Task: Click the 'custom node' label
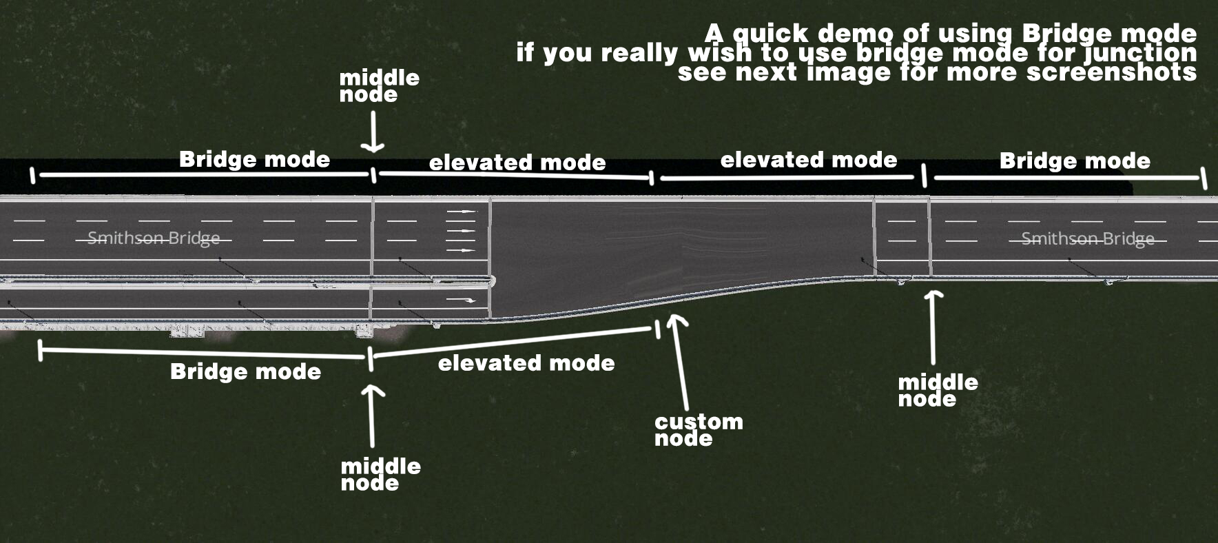pyautogui.click(x=698, y=429)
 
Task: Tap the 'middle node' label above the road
pyautogui.click(x=378, y=85)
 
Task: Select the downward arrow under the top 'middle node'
pyautogui.click(x=373, y=132)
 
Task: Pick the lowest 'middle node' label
pyautogui.click(x=380, y=474)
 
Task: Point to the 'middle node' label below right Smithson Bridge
pyautogui.click(x=937, y=390)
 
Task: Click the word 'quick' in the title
pyautogui.click(x=770, y=33)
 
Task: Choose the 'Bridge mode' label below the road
pyautogui.click(x=245, y=371)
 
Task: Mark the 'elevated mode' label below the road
pyautogui.click(x=526, y=363)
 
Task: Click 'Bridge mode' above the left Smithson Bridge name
pyautogui.click(x=254, y=159)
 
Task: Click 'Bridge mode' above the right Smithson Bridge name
pyautogui.click(x=1075, y=161)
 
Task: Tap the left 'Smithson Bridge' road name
pyautogui.click(x=154, y=238)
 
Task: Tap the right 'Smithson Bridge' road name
pyautogui.click(x=1087, y=239)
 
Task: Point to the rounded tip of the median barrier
pyautogui.click(x=491, y=280)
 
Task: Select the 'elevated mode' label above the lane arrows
pyautogui.click(x=517, y=163)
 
